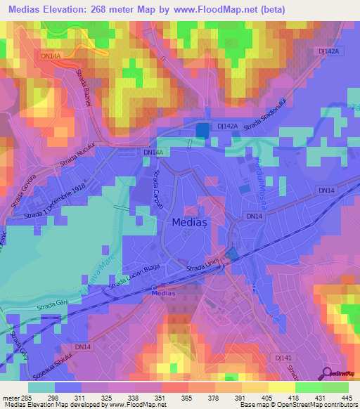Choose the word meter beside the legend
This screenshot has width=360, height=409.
pos(10,398)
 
